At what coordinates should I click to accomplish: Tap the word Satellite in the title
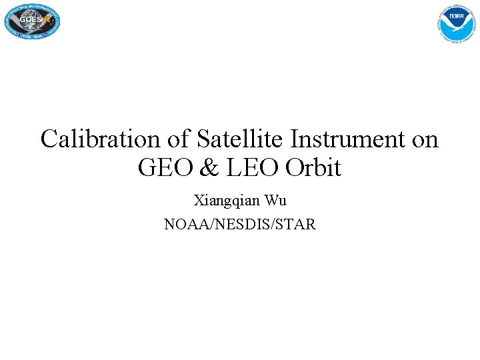pyautogui.click(x=243, y=139)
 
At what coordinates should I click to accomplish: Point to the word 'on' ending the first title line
pyautogui.click(x=426, y=139)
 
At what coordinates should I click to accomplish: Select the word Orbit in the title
pyautogui.click(x=313, y=168)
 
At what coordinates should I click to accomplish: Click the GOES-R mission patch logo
pyautogui.click(x=31, y=20)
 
